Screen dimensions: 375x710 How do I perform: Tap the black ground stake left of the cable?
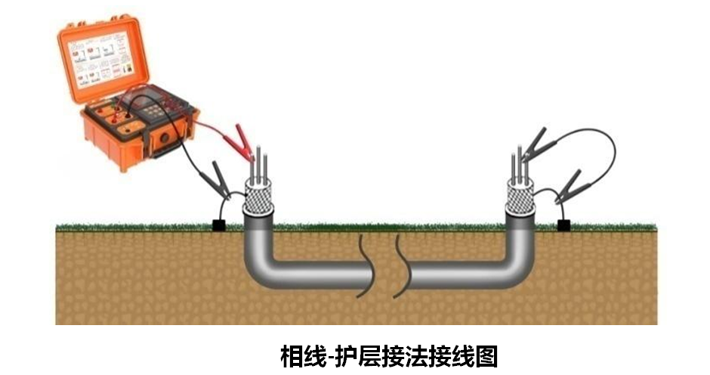click(221, 225)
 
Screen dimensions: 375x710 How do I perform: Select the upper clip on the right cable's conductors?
click(535, 143)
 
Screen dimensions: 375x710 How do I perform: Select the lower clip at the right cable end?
click(570, 186)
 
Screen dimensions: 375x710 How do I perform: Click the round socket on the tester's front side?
click(162, 139)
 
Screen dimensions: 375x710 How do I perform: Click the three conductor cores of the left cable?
click(261, 163)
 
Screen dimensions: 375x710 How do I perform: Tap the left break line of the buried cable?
click(366, 265)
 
